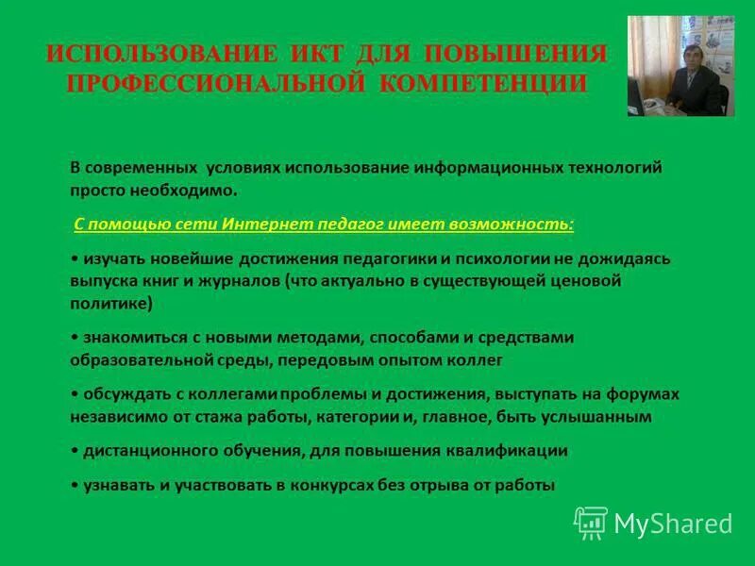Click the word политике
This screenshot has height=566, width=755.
tap(109, 304)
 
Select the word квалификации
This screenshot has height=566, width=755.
tap(518, 450)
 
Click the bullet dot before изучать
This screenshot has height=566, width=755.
tap(74, 258)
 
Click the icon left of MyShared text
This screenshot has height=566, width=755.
tap(591, 523)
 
